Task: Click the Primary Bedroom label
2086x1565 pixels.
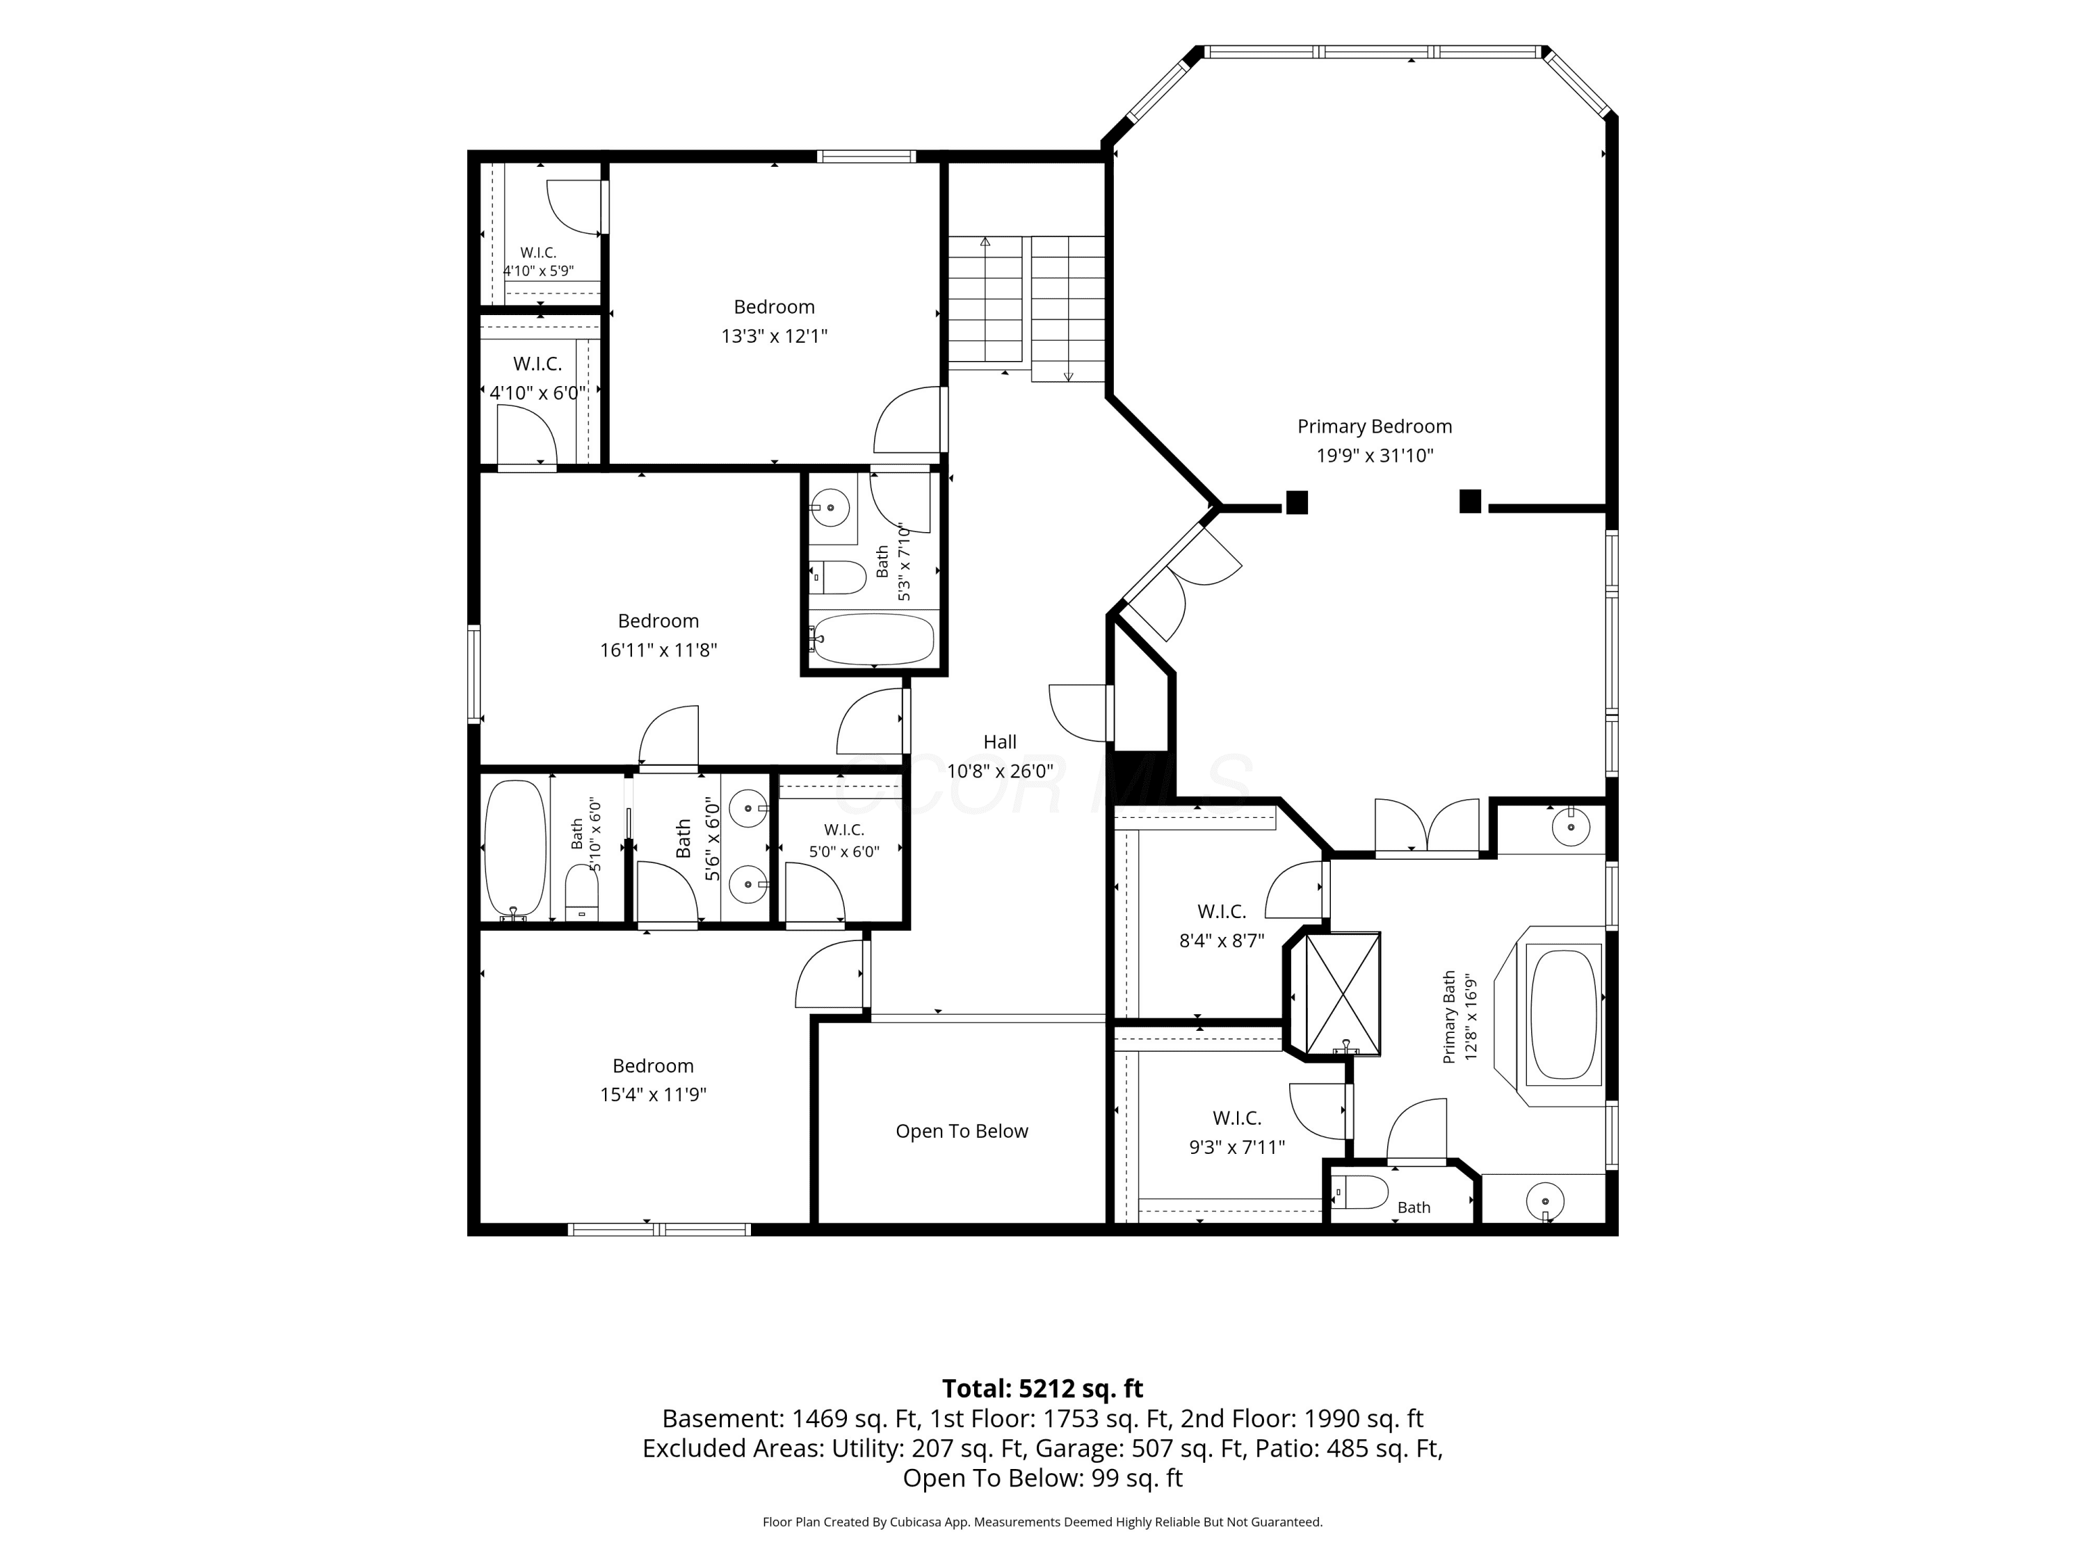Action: coord(1374,426)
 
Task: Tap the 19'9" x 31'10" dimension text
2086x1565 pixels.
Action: coord(1375,456)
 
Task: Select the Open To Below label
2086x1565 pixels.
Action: coord(962,1131)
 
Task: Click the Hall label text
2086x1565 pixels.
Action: coord(1000,741)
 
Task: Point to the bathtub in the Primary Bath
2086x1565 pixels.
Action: coord(1564,1013)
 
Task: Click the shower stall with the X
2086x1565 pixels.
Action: coord(1343,993)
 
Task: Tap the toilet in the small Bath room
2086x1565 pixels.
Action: coord(1361,1192)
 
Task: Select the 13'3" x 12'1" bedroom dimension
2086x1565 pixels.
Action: coord(774,336)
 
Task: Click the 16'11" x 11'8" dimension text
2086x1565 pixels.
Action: coord(658,650)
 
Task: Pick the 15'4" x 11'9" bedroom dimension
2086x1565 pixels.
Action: coord(653,1094)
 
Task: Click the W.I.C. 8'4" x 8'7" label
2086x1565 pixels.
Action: coord(1221,925)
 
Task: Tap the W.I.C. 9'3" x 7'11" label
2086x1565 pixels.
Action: coord(1236,1132)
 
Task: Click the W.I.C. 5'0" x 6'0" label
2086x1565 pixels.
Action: coord(844,840)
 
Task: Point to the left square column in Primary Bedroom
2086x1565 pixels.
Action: coord(1297,503)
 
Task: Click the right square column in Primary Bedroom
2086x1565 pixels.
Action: coord(1469,501)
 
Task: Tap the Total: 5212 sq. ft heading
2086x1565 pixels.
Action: coord(1042,1388)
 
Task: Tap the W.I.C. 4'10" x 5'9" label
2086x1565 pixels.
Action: coord(538,262)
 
